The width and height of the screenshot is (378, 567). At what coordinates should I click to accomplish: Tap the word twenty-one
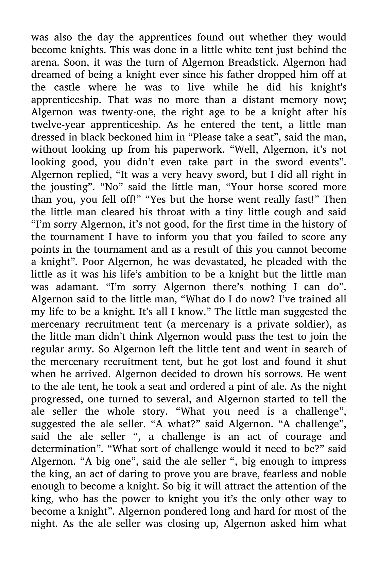click(112, 112)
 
